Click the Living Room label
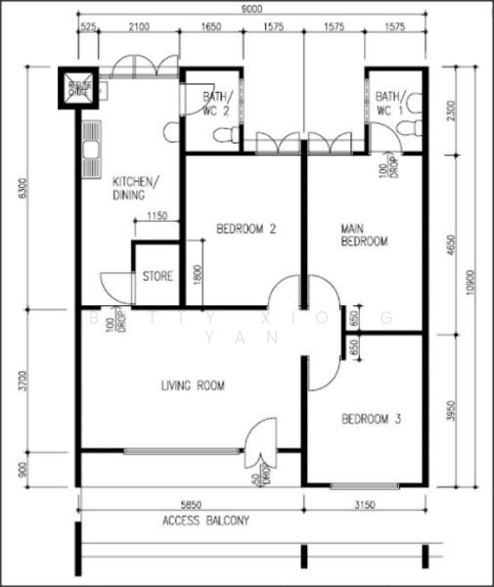[193, 386]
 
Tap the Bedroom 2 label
[246, 230]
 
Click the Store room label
[157, 277]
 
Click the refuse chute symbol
[78, 88]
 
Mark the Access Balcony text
[205, 521]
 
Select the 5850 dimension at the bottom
[192, 505]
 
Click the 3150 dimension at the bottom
[367, 505]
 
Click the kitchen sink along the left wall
[91, 150]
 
